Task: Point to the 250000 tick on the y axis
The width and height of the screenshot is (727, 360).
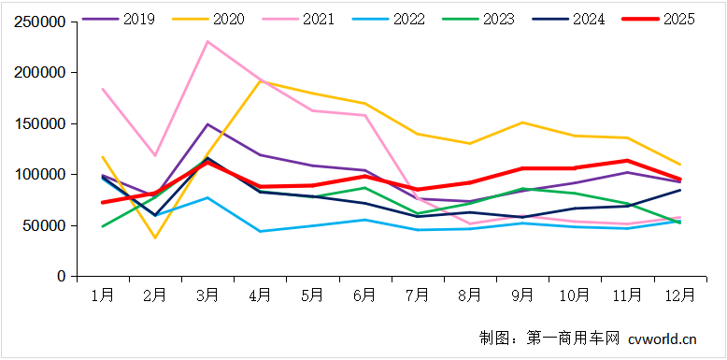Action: coord(40,22)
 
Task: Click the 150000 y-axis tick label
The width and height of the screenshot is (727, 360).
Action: coord(40,123)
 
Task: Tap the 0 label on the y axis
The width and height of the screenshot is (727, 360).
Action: coord(61,277)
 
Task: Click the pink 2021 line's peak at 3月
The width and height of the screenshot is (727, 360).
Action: coord(207,41)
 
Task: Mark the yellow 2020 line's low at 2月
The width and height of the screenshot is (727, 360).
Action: coord(155,238)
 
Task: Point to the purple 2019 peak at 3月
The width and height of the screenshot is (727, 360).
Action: coord(207,124)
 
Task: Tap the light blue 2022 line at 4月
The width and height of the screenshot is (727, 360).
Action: coord(260,231)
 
